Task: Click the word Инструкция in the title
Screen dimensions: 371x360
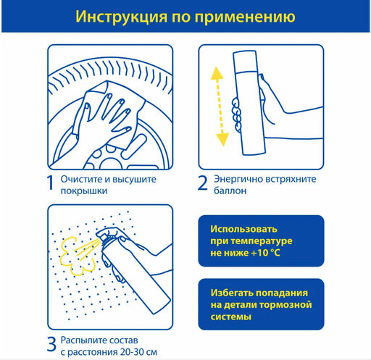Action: tap(121, 17)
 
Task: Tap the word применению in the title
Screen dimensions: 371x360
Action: tap(245, 17)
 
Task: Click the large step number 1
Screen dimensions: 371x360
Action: tap(50, 183)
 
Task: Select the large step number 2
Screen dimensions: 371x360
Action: tap(202, 183)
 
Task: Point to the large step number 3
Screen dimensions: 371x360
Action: tap(51, 344)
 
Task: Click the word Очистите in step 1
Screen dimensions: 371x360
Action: tap(81, 179)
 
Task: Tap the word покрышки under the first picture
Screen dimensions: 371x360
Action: tap(84, 191)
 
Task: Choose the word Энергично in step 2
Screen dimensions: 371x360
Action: tap(238, 179)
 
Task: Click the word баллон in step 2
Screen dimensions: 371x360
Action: tap(230, 191)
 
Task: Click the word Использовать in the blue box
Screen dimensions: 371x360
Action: tap(243, 229)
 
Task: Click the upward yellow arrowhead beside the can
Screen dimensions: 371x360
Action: tap(217, 73)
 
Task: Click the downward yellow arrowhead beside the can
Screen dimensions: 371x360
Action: tap(222, 139)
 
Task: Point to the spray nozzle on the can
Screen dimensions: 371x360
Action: tap(101, 233)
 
